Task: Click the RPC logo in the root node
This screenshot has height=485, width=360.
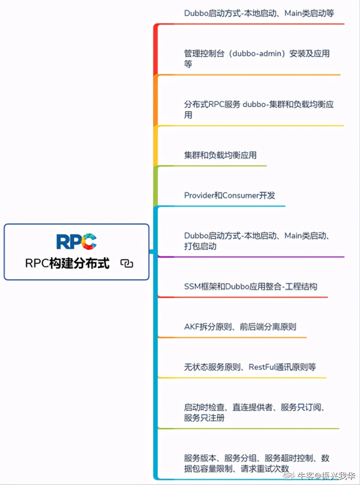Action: click(76, 241)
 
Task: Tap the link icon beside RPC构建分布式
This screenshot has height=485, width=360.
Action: click(127, 264)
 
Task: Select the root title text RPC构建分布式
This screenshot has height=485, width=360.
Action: click(67, 263)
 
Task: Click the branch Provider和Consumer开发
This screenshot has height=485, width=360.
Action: click(229, 195)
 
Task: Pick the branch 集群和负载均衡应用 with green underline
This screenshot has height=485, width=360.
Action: click(220, 155)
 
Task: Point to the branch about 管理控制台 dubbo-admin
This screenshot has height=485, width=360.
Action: click(256, 58)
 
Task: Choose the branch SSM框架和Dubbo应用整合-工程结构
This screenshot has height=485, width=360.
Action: click(250, 286)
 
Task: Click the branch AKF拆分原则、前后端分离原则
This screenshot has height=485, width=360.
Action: click(240, 326)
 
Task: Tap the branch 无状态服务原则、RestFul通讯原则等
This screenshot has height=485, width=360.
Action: click(250, 367)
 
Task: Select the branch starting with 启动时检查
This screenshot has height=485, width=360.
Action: click(255, 412)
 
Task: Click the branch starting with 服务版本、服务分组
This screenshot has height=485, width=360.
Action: click(256, 463)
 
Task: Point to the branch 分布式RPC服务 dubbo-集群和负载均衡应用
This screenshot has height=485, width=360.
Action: click(258, 109)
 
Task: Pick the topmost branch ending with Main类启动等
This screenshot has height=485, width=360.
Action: click(259, 13)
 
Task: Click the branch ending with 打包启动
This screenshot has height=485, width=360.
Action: click(256, 240)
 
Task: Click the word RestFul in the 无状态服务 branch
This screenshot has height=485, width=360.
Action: click(263, 367)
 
